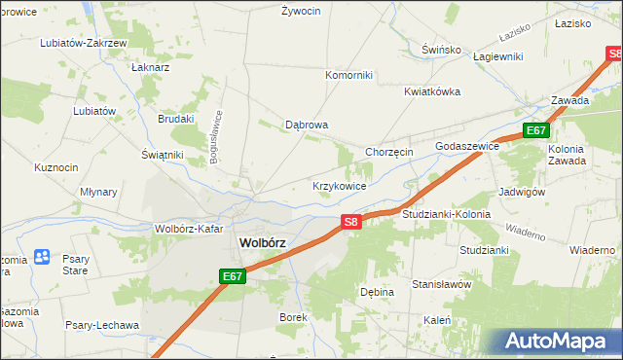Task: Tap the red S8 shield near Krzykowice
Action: click(352, 223)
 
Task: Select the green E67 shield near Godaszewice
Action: click(535, 130)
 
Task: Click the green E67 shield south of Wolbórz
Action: click(232, 277)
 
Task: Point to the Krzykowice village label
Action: click(339, 185)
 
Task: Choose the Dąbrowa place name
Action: click(306, 125)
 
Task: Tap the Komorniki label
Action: click(348, 75)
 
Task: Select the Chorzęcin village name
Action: click(389, 152)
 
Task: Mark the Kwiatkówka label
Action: click(432, 91)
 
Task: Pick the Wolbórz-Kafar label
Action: click(189, 230)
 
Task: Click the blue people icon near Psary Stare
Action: click(43, 257)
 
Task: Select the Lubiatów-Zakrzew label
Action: click(83, 44)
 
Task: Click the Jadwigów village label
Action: click(521, 192)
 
